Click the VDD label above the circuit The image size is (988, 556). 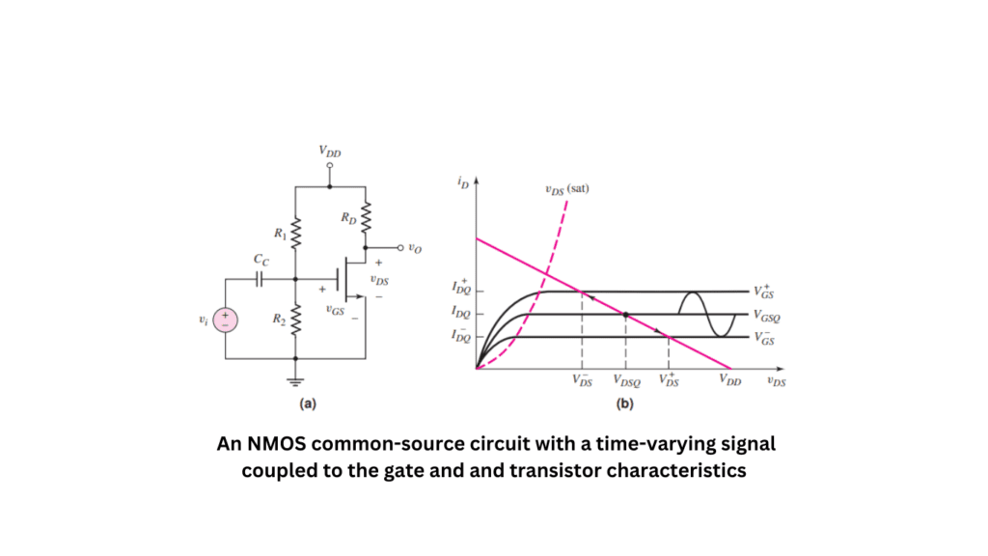(329, 152)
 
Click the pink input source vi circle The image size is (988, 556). (226, 320)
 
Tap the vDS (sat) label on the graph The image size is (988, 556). (566, 188)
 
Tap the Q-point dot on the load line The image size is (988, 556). (626, 315)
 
